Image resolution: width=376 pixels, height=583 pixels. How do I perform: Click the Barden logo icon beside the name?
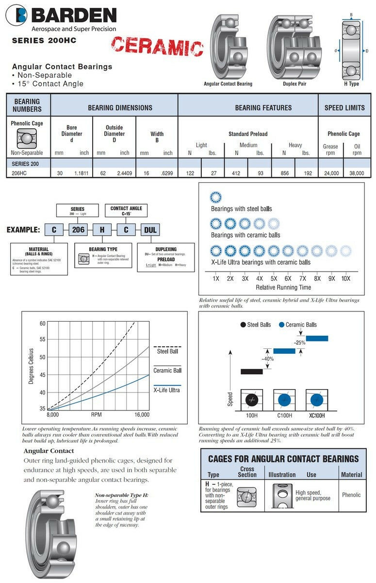click(x=16, y=15)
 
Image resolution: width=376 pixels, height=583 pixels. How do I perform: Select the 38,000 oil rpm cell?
click(x=357, y=172)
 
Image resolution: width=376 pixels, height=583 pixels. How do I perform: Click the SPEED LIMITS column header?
click(x=344, y=107)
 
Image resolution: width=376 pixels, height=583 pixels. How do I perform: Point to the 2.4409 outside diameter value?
click(x=125, y=172)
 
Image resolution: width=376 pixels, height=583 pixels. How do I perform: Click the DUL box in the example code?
click(x=150, y=229)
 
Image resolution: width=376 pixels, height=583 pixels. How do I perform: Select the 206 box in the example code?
click(x=78, y=229)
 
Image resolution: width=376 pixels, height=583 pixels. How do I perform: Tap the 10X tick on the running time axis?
click(x=345, y=279)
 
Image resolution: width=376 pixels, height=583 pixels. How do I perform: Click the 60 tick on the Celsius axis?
click(x=42, y=324)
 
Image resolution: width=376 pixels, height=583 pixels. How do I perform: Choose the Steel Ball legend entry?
click(x=167, y=351)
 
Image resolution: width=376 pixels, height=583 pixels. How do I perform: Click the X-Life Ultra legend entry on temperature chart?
click(x=167, y=390)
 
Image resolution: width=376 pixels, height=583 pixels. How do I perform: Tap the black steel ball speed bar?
click(x=252, y=372)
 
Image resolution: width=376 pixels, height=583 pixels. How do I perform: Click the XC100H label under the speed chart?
click(x=317, y=416)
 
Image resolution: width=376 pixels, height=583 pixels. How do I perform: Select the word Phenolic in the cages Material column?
click(x=351, y=495)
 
